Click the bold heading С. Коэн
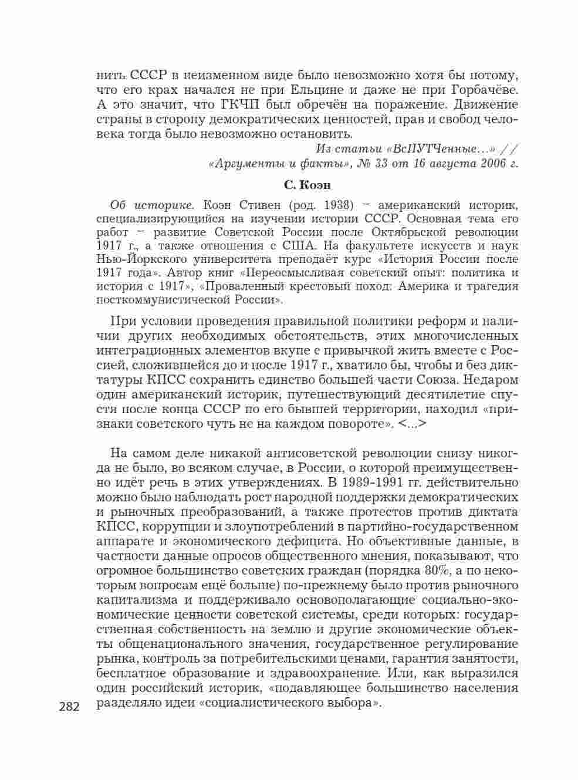[x=307, y=185]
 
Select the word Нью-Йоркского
[x=132, y=259]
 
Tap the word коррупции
[x=166, y=526]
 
